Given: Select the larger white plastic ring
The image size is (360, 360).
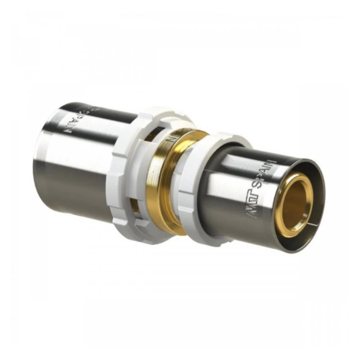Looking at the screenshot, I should point(128,171).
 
